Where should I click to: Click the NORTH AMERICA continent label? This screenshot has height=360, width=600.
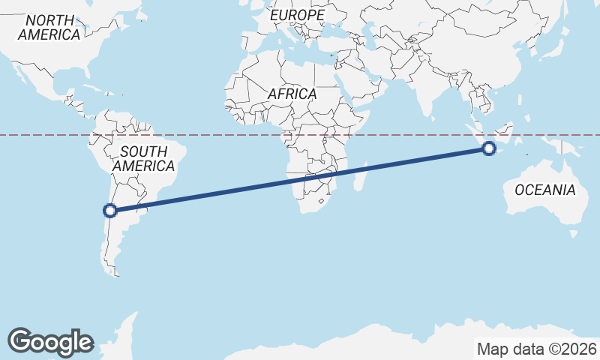click(49, 27)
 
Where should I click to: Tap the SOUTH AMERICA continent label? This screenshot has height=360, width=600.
click(143, 158)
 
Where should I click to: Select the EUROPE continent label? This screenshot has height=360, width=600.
click(298, 15)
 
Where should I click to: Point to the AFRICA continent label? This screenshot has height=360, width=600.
click(292, 94)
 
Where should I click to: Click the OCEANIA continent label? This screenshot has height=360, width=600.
click(545, 190)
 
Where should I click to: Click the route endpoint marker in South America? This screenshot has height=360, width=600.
click(110, 211)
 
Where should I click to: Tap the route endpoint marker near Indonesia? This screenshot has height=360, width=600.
click(489, 148)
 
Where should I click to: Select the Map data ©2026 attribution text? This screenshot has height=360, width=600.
click(537, 349)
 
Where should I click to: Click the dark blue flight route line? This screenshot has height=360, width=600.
click(300, 180)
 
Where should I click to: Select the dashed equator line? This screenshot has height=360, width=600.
click(225, 135)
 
